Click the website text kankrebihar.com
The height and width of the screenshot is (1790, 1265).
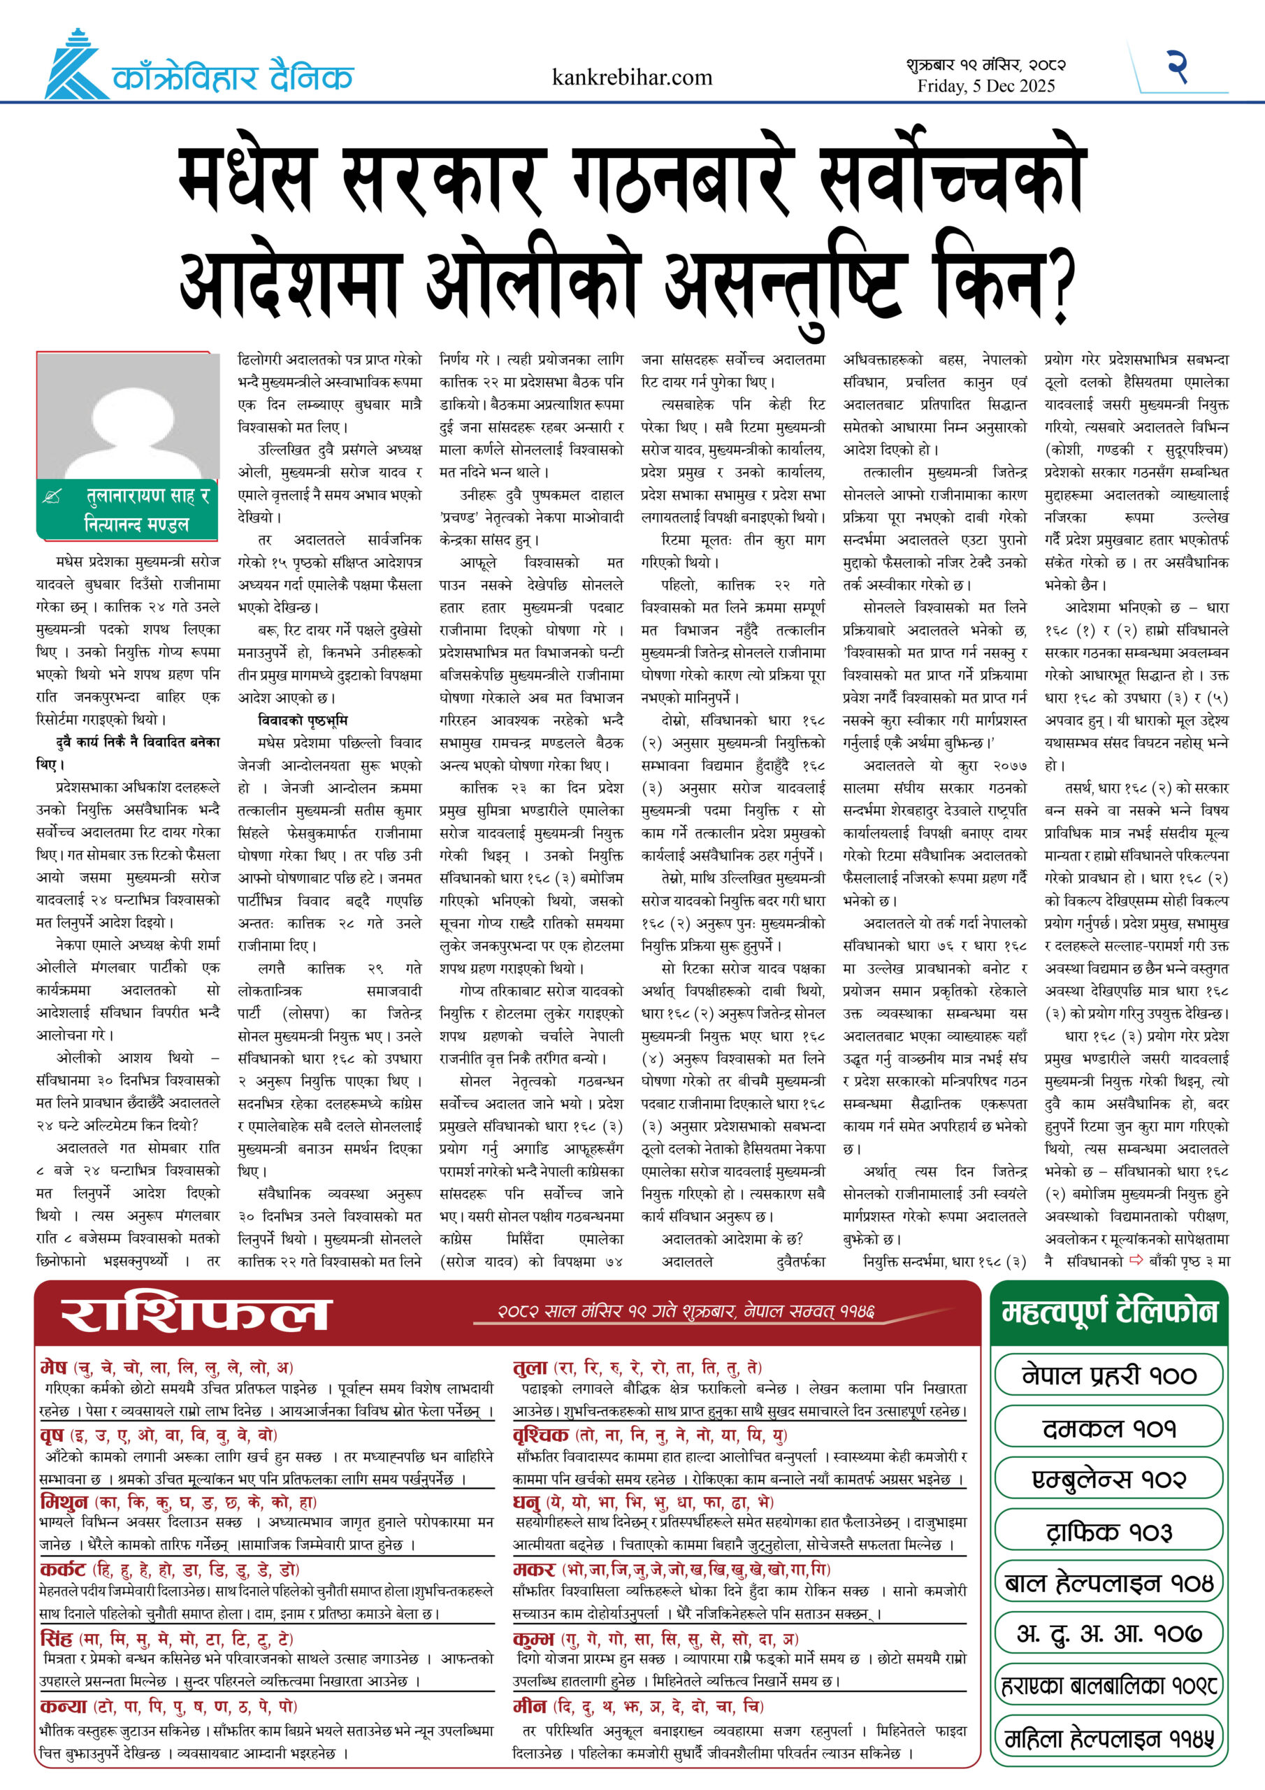point(631,77)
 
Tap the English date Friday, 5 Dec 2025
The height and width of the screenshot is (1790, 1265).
point(986,86)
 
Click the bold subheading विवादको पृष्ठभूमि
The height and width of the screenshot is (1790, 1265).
point(303,719)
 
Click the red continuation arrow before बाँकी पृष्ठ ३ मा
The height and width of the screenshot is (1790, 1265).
point(1136,1259)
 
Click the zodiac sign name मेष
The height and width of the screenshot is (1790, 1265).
point(54,1367)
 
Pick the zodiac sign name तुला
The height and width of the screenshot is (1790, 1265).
point(530,1367)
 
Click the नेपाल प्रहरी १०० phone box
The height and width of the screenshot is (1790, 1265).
point(1108,1376)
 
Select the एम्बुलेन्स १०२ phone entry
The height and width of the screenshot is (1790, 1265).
point(1108,1479)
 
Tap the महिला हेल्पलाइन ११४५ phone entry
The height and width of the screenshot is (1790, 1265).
point(1108,1738)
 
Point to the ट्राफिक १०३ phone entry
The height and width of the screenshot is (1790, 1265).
point(1108,1531)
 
